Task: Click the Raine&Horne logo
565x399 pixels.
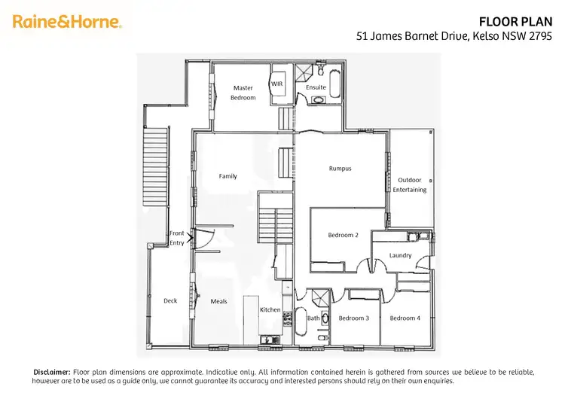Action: point(66,21)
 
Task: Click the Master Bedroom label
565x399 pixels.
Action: point(243,93)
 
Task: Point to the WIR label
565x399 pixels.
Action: point(276,84)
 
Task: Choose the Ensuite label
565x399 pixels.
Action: point(316,87)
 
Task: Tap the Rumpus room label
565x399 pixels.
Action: point(341,169)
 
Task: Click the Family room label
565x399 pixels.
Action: point(228,176)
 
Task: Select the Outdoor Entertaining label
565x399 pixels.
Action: point(410,184)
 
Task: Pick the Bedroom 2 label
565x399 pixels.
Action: point(343,235)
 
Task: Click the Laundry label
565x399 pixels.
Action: point(400,255)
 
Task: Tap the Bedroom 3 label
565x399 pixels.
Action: point(353,318)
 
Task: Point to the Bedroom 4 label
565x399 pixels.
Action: point(405,318)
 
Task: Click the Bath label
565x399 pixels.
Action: point(313,318)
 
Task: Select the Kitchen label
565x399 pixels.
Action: point(270,309)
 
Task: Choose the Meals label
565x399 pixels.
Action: point(218,301)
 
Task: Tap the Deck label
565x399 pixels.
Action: point(170,301)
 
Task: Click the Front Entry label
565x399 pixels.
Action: point(176,238)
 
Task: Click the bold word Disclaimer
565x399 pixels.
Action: point(52,372)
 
